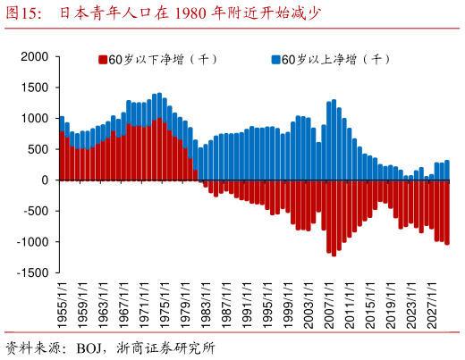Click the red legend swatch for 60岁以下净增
pos(102,60)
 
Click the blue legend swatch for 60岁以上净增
pos(275,60)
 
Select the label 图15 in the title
pos(22,13)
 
